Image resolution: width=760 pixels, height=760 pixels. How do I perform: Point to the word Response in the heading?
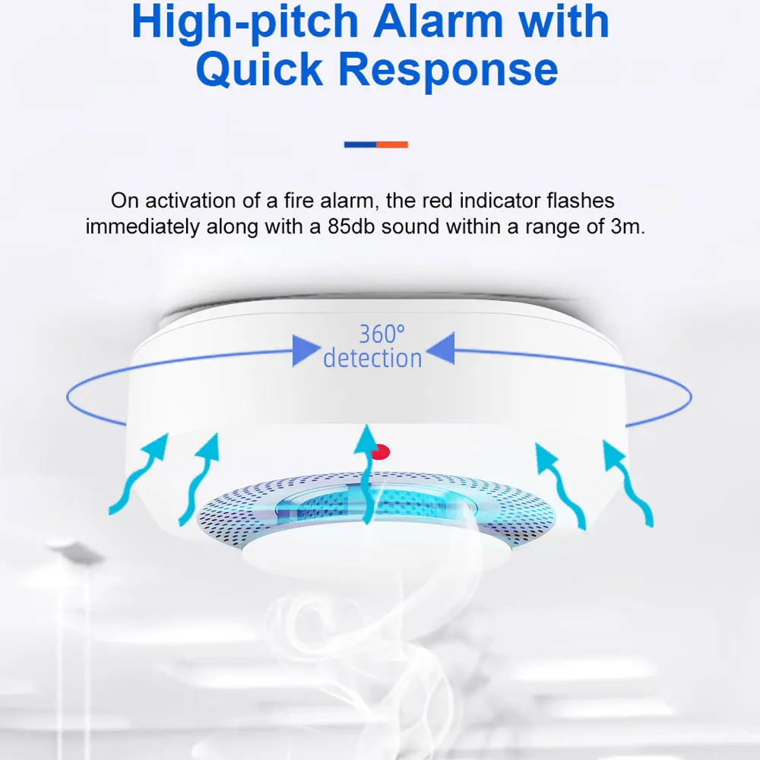(x=448, y=71)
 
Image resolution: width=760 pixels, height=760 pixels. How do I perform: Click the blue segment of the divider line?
(x=360, y=144)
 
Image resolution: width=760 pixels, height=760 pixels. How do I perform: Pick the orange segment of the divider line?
(x=393, y=144)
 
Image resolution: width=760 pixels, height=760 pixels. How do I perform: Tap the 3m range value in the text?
(x=628, y=226)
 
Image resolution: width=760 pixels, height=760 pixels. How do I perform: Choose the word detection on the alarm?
(x=372, y=358)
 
